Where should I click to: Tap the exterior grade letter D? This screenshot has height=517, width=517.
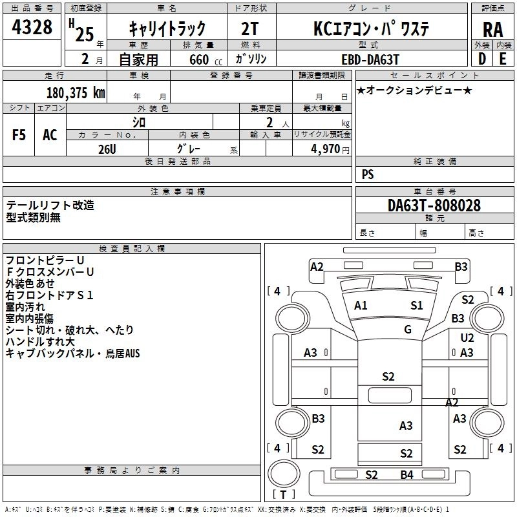(x=481, y=58)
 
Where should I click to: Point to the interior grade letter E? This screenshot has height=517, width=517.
(x=502, y=58)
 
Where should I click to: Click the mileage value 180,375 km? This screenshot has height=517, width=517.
(x=76, y=92)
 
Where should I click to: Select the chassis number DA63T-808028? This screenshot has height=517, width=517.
(x=434, y=206)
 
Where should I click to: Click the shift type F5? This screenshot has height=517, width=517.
(x=19, y=134)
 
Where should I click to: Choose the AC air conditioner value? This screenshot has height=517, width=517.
(x=50, y=134)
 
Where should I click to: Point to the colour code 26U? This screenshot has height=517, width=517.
(x=107, y=148)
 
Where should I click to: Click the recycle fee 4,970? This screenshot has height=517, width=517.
(x=326, y=149)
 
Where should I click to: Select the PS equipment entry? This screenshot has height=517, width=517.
(x=368, y=174)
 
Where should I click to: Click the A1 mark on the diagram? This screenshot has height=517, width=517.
(x=361, y=306)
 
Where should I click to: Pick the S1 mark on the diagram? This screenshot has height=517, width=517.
(x=417, y=305)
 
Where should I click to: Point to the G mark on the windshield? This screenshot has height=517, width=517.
(x=408, y=330)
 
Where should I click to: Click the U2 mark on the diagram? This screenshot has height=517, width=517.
(x=467, y=338)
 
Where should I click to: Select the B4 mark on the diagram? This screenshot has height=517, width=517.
(x=406, y=475)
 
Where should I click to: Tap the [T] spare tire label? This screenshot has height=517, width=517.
(x=280, y=495)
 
